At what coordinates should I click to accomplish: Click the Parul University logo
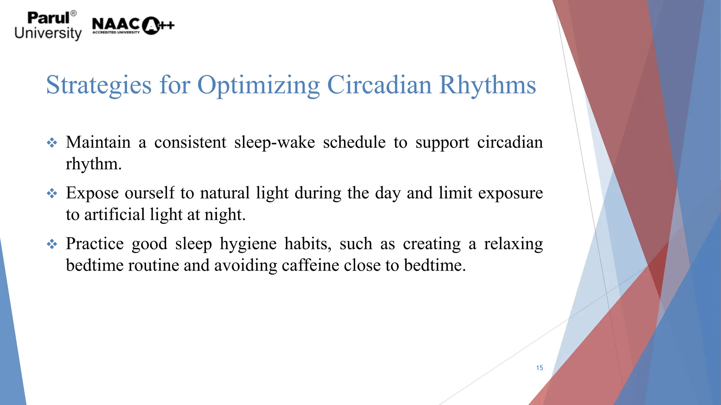48,26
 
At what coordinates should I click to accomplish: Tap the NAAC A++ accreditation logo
133,26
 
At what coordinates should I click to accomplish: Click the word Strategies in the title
99,85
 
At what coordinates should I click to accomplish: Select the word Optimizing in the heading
258,85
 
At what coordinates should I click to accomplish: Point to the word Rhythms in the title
487,85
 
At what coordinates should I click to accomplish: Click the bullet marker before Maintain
52,143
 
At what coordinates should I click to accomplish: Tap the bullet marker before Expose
52,193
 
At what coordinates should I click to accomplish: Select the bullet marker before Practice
52,244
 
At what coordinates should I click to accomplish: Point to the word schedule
354,143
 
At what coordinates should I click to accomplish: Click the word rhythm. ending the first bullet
94,164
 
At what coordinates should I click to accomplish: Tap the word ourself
149,193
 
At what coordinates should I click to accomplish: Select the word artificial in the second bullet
114,215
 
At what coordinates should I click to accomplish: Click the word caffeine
310,265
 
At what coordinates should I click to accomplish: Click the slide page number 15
539,368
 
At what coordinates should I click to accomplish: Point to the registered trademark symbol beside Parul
73,13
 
